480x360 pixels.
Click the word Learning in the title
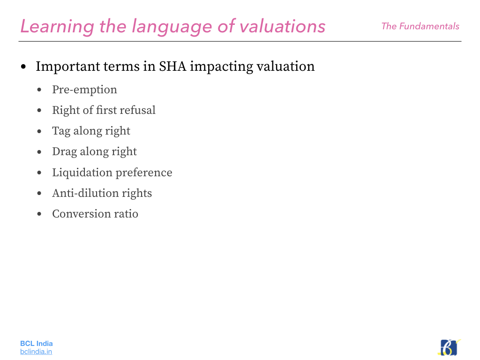click(57, 27)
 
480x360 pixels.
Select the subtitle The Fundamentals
click(420, 26)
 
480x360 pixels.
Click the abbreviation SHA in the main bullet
click(172, 67)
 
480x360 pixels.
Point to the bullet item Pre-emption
click(84, 90)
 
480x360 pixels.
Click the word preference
click(144, 173)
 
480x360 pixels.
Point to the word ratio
click(126, 214)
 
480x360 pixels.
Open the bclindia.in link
click(36, 352)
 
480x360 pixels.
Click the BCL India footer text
click(37, 344)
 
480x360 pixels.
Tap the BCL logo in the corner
click(449, 347)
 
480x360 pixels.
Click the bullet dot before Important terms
click(23, 67)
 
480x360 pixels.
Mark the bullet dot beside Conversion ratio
click(39, 214)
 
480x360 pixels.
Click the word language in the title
click(172, 27)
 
